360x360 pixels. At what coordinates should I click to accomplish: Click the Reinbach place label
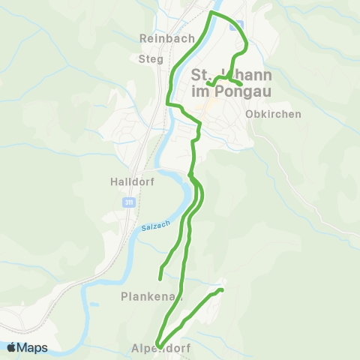click(167, 38)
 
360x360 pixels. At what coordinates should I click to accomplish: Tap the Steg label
click(152, 58)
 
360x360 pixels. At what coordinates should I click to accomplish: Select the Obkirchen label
click(273, 115)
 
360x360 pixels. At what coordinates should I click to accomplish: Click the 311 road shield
click(128, 202)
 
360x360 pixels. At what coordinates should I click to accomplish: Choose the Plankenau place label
click(150, 297)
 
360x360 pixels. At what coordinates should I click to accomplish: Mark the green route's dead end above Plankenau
click(160, 277)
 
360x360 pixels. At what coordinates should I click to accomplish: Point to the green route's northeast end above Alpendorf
click(222, 289)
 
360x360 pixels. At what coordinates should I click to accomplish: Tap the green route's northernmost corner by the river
click(211, 13)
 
